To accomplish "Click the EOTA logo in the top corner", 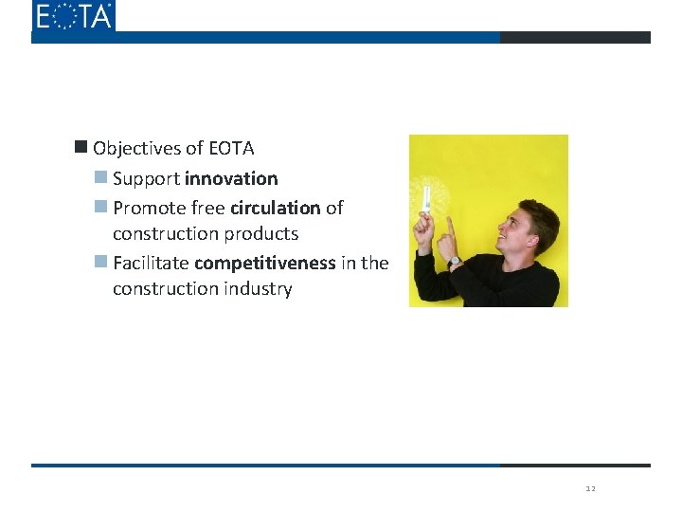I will coord(73,16).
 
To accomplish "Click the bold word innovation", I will coord(231,178).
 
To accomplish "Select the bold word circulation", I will coord(275,207).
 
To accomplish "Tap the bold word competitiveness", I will coord(264,263).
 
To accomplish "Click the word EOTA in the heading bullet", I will coord(231,148).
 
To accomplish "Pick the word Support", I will coord(146,178).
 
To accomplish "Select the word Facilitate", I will coord(151,263).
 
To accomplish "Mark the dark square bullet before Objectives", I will coord(81,147).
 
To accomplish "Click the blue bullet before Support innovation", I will coord(100,177).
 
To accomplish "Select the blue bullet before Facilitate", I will coord(100,262).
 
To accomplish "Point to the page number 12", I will coord(590,489).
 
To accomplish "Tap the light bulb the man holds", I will coord(426,198).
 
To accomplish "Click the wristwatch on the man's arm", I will coord(455,261).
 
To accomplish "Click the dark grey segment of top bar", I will coord(575,38).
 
